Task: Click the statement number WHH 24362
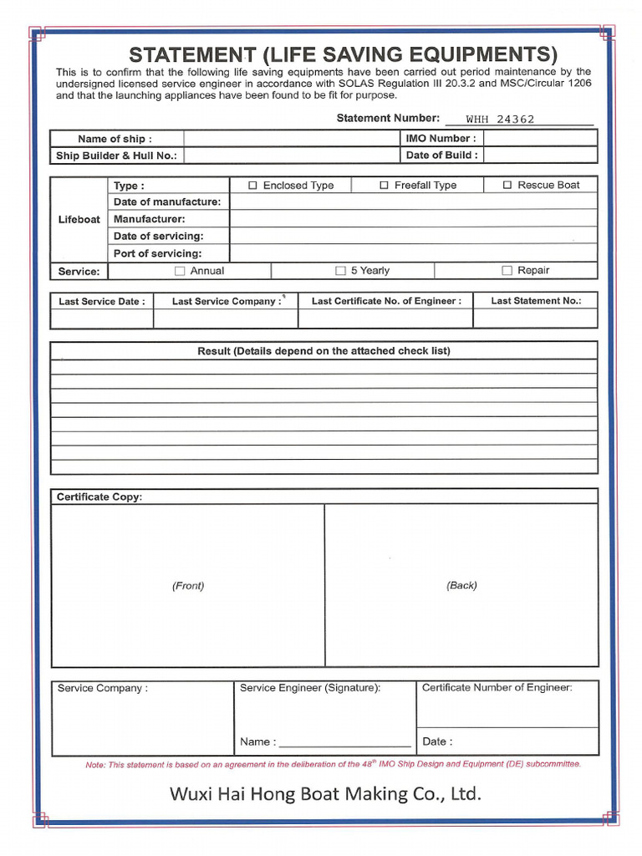click(x=500, y=120)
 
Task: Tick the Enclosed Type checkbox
click(x=254, y=186)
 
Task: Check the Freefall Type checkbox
click(x=385, y=186)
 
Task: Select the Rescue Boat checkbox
click(x=507, y=186)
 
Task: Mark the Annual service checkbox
click(x=180, y=271)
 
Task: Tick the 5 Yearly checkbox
click(x=340, y=271)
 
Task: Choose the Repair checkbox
click(x=507, y=271)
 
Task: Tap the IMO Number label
click(x=441, y=139)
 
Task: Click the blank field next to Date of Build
click(x=540, y=155)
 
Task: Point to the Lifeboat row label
click(x=79, y=220)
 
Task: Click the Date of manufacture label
click(x=167, y=202)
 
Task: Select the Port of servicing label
click(x=158, y=253)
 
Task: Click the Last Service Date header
click(x=101, y=301)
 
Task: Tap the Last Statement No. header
click(x=535, y=301)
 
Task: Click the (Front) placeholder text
click(x=188, y=586)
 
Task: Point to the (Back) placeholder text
click(x=461, y=586)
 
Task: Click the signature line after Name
click(x=344, y=741)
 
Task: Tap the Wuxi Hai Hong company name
click(x=325, y=793)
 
